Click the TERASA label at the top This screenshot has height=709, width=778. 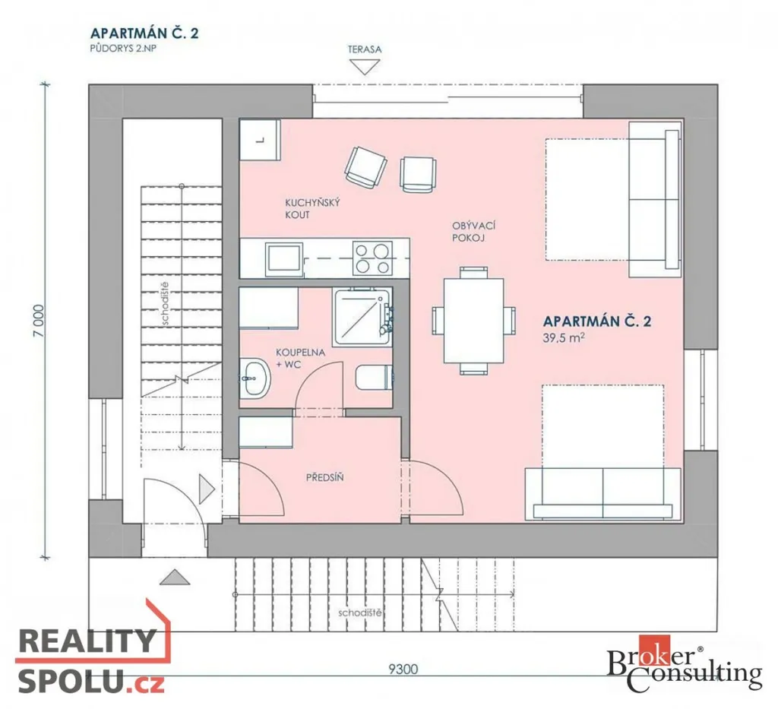(364, 49)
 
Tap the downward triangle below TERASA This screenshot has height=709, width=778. (365, 66)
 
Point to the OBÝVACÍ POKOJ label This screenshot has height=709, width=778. (473, 232)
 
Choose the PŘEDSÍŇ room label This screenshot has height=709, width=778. (324, 478)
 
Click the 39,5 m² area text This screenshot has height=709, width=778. (564, 338)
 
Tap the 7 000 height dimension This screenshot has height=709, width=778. (40, 321)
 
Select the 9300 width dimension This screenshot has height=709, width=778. (403, 669)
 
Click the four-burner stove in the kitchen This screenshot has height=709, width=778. (372, 258)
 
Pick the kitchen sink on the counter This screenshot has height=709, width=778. (284, 259)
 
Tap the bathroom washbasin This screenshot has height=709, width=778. (255, 378)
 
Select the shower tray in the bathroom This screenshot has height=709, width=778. (362, 317)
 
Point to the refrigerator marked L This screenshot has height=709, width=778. (260, 139)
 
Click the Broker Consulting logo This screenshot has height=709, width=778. (685, 663)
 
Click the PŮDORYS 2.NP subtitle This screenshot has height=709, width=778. (123, 49)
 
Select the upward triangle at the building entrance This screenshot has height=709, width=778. (175, 577)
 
